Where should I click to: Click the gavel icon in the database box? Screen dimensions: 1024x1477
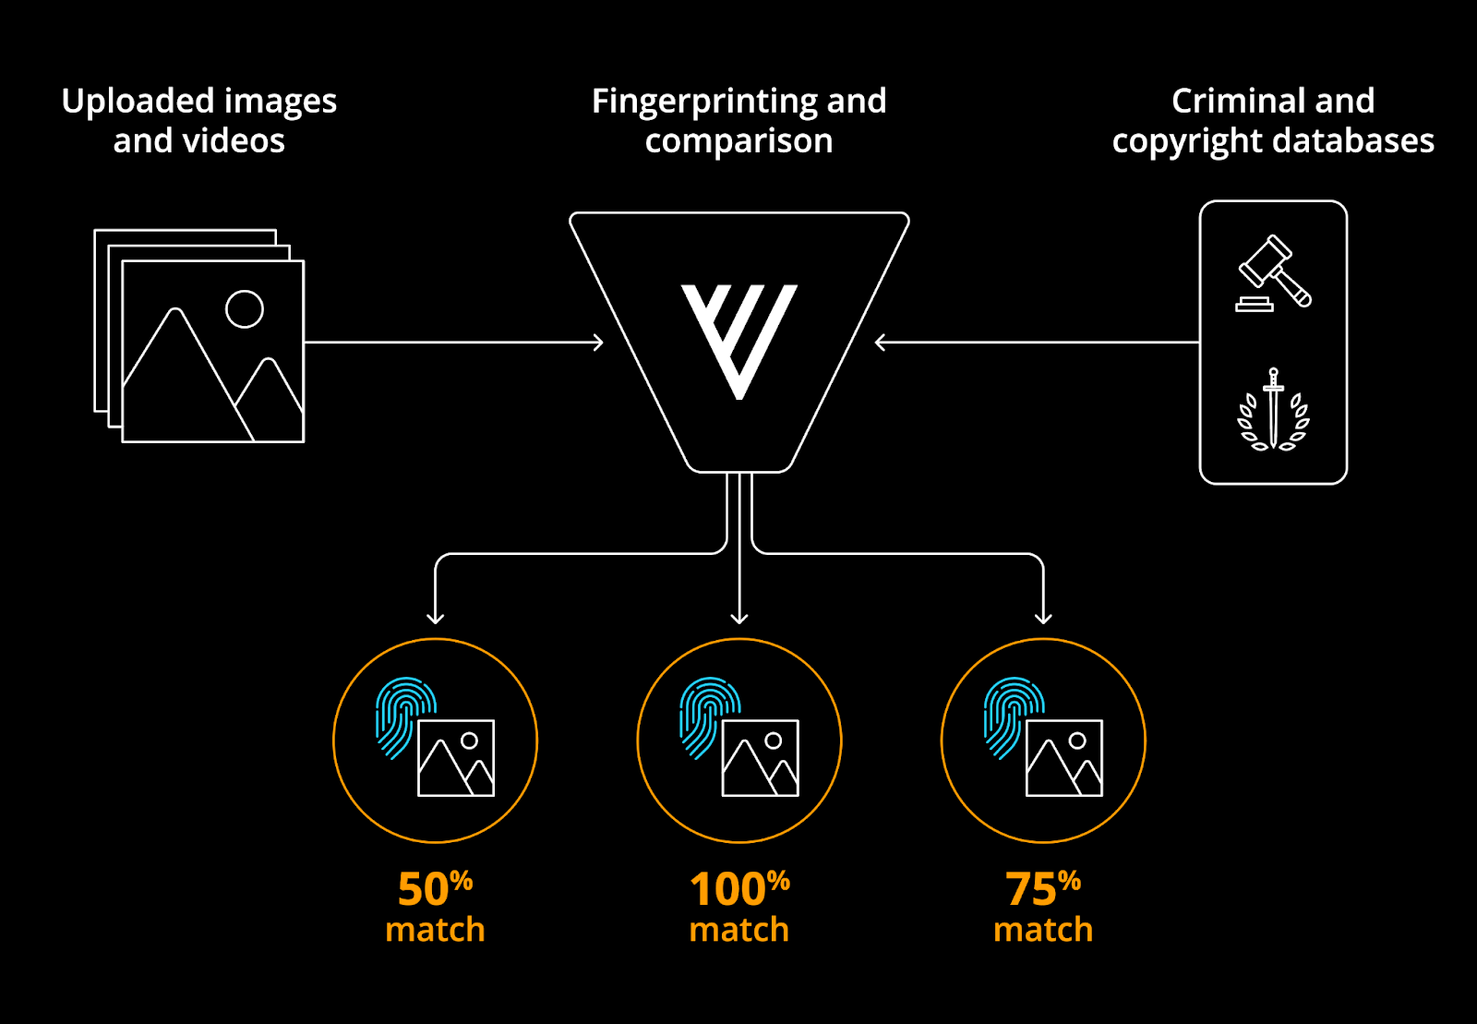click(1274, 272)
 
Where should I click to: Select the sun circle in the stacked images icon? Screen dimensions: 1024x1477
click(245, 309)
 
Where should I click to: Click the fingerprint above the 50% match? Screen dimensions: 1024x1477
click(404, 716)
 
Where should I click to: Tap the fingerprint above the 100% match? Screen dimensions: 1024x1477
click(708, 716)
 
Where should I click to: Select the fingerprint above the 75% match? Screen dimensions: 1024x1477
click(1012, 716)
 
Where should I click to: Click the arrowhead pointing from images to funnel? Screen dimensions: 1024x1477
click(598, 343)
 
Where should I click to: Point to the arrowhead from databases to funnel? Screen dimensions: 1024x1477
click(880, 343)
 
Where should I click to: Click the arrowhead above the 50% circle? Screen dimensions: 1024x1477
click(436, 617)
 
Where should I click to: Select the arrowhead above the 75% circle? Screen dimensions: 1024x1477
click(1043, 617)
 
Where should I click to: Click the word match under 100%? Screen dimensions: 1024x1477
click(738, 930)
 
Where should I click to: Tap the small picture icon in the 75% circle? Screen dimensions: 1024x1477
click(1064, 758)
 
